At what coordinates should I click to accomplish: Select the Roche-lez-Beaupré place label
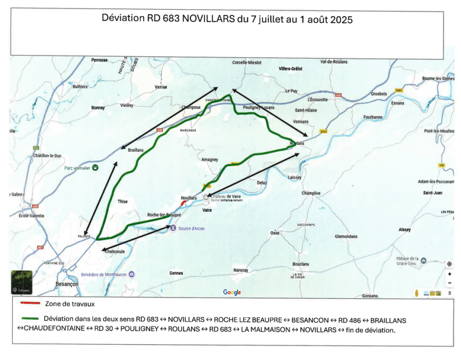tap(164, 215)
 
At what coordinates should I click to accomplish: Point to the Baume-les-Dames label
tap(438, 79)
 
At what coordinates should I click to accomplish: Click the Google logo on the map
tap(232, 292)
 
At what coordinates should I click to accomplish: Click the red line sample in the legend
tap(30, 304)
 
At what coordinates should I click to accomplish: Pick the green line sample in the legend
tap(30, 318)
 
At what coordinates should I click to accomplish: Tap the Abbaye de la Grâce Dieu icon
tap(423, 260)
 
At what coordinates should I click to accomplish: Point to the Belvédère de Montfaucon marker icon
tap(131, 273)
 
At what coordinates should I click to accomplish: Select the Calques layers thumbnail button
tap(22, 282)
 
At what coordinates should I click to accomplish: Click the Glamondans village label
tap(346, 237)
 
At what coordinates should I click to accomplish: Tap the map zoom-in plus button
tap(449, 274)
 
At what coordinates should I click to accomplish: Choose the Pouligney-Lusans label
tap(258, 108)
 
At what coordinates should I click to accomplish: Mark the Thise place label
tap(122, 201)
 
